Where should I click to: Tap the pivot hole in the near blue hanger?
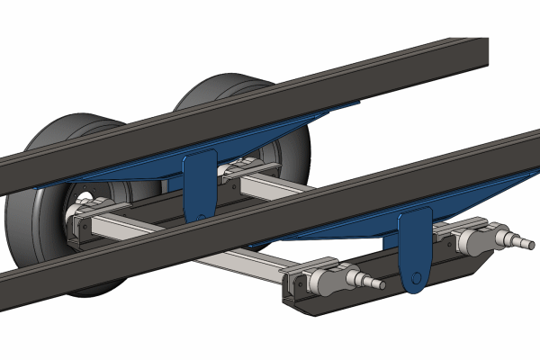[415, 275]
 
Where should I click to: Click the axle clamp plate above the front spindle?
[310, 266]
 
